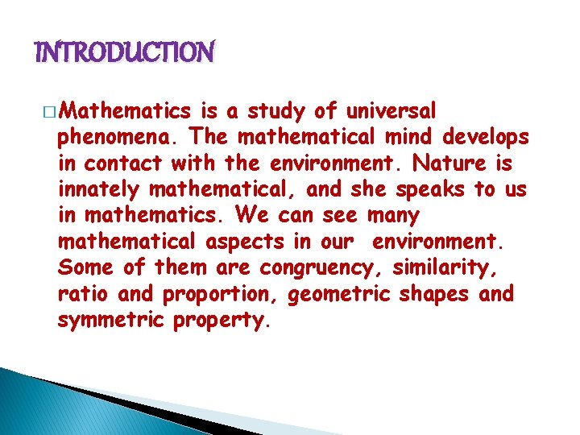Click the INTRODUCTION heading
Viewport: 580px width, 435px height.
coord(125,53)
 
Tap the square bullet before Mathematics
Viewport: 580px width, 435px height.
coord(51,111)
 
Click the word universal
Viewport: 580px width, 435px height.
coord(392,110)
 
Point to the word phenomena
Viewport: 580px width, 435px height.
coord(104,136)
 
